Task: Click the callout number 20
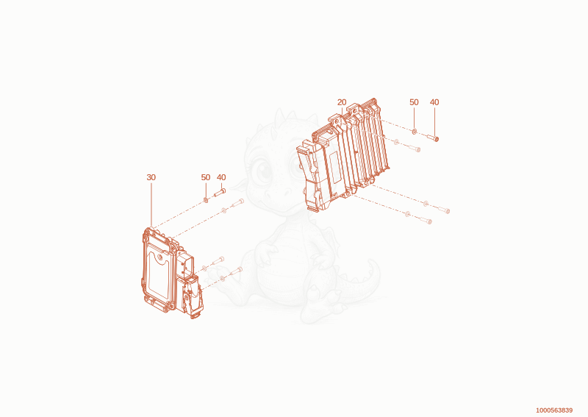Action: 342,102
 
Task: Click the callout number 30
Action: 151,177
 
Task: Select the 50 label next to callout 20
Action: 414,102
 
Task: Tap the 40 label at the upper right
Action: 434,102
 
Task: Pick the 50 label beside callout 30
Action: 206,177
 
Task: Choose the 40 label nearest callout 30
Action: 221,177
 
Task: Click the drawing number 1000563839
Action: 554,410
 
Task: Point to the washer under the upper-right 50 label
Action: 415,132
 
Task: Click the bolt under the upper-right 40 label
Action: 433,138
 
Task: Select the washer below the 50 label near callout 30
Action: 206,199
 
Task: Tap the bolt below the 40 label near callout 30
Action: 219,193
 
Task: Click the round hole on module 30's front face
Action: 160,257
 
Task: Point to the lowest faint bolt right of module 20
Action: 426,221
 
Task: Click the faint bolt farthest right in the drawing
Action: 444,210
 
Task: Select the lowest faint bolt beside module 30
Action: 236,270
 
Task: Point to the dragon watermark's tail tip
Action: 371,262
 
